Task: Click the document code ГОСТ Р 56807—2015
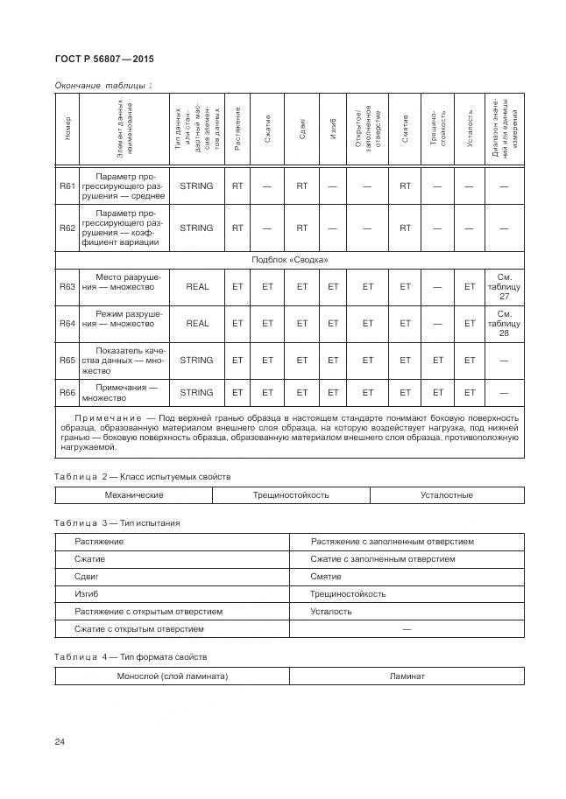(x=98, y=60)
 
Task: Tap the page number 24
(x=60, y=742)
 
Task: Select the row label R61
(x=67, y=186)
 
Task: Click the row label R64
(x=67, y=323)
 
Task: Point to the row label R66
(x=67, y=392)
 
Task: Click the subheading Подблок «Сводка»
(x=289, y=260)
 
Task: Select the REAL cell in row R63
(x=197, y=286)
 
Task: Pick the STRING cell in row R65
(x=196, y=360)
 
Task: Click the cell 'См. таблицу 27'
(x=504, y=286)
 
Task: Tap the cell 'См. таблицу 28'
(x=504, y=323)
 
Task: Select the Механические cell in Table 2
(x=134, y=495)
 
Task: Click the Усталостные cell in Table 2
(x=446, y=495)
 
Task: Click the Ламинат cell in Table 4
(x=407, y=676)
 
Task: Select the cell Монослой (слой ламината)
(x=173, y=676)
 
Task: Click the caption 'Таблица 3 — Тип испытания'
(x=117, y=522)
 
